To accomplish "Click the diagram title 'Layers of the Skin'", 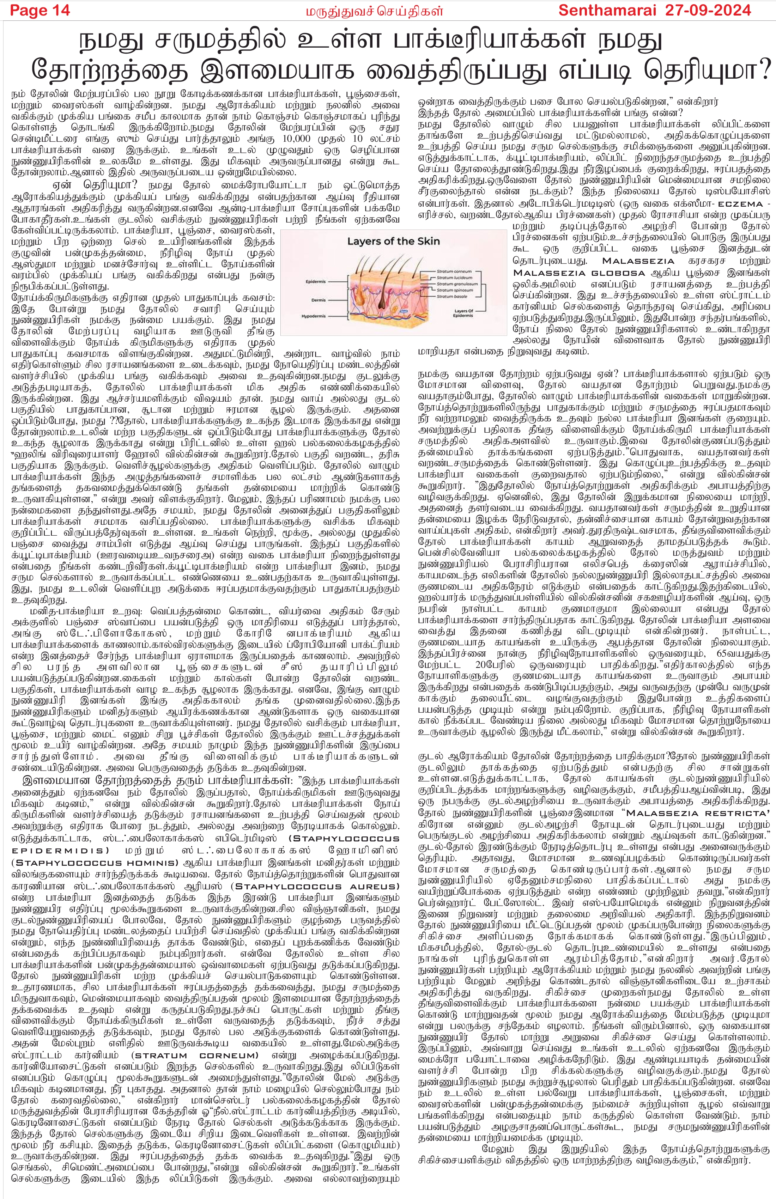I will coord(394,241).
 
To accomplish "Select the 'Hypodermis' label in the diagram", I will coord(314,316).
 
